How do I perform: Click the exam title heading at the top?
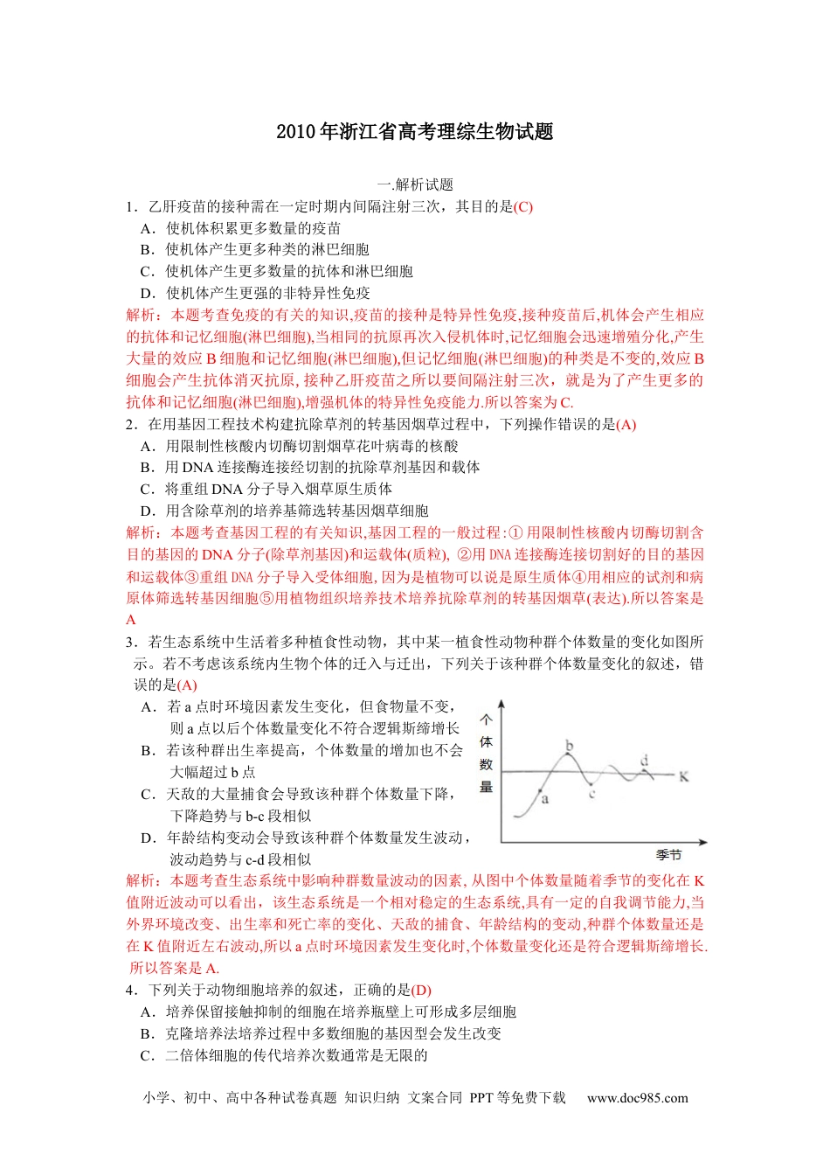(x=415, y=132)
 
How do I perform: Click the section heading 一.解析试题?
(x=415, y=184)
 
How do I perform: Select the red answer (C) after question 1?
(x=523, y=207)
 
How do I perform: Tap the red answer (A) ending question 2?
(x=626, y=425)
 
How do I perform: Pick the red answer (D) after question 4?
(x=421, y=991)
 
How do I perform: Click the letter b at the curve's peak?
(x=570, y=746)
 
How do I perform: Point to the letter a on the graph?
(x=545, y=799)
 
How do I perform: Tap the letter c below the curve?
(x=591, y=794)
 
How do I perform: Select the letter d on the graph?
(x=645, y=760)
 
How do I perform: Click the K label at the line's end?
(x=683, y=776)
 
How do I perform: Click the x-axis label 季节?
(x=668, y=855)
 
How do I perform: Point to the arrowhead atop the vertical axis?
(x=501, y=705)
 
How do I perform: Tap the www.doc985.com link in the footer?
(x=637, y=1098)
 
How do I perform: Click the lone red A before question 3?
(x=131, y=620)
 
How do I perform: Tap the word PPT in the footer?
(x=481, y=1098)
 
